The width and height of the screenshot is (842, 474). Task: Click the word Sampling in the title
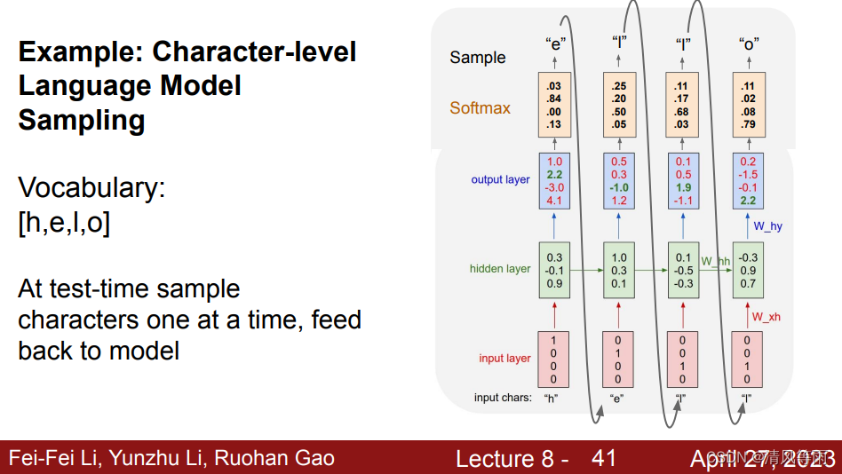click(82, 120)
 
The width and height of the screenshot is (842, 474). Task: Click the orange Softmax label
click(480, 108)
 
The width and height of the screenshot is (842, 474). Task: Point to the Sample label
click(477, 58)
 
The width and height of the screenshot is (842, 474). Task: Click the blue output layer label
click(500, 180)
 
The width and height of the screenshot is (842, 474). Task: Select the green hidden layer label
click(500, 269)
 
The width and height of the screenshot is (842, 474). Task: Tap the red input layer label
click(504, 359)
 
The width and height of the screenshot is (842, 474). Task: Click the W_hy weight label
click(767, 227)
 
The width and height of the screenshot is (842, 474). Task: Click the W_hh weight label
click(716, 261)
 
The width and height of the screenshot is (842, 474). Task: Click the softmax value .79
click(748, 124)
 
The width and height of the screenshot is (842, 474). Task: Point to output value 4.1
click(555, 201)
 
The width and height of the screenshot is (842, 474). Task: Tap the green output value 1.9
click(683, 188)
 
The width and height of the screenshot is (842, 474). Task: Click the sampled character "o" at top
click(748, 43)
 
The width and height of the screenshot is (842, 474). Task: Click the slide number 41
click(604, 458)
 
